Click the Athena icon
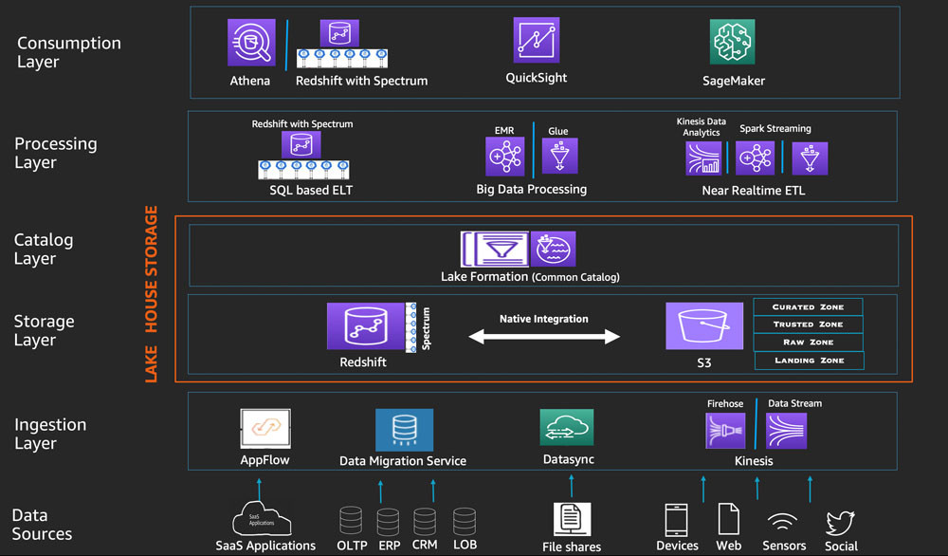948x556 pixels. pyautogui.click(x=251, y=43)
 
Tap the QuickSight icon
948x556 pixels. pyautogui.click(x=537, y=40)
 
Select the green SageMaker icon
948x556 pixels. pyautogui.click(x=732, y=42)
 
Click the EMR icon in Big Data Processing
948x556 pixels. pyautogui.click(x=505, y=157)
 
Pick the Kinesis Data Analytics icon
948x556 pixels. pyautogui.click(x=703, y=158)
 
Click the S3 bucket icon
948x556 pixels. pyautogui.click(x=704, y=326)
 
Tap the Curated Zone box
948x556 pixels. pyautogui.click(x=808, y=306)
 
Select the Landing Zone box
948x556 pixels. pyautogui.click(x=810, y=361)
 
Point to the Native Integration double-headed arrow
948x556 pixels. pyautogui.click(x=544, y=337)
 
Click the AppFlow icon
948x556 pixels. pyautogui.click(x=265, y=428)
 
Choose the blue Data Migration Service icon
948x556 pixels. pyautogui.click(x=404, y=430)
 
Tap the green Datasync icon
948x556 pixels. pyautogui.click(x=567, y=427)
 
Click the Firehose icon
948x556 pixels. pyautogui.click(x=725, y=431)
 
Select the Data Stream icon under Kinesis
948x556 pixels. pyautogui.click(x=786, y=431)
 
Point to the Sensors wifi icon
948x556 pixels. pyautogui.click(x=783, y=522)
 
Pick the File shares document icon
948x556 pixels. pyautogui.click(x=572, y=519)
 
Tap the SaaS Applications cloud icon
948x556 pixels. pyautogui.click(x=262, y=518)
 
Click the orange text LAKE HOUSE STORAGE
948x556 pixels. pyautogui.click(x=151, y=294)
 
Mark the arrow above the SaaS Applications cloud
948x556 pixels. pyautogui.click(x=260, y=489)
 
